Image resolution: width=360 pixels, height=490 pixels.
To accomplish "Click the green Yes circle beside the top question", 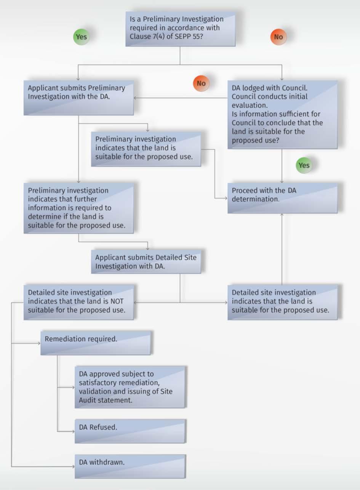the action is click(x=82, y=37).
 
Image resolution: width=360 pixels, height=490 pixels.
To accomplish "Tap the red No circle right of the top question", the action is click(x=278, y=37).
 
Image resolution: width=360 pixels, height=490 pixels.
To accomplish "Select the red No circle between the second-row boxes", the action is click(x=201, y=83).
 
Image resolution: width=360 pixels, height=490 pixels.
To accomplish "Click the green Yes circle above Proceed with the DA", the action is click(x=304, y=165).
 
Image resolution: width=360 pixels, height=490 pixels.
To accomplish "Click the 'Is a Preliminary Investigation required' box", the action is click(x=181, y=29).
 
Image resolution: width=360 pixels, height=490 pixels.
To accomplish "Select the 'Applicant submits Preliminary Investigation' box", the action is click(x=79, y=98).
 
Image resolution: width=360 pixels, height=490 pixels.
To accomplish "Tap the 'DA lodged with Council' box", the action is click(x=282, y=115).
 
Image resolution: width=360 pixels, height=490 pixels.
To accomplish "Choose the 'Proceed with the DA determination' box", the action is click(x=282, y=198).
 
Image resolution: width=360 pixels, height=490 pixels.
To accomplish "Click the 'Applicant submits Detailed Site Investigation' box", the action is click(x=146, y=262).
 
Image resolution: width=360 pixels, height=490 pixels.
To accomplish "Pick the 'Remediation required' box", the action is click(x=96, y=343).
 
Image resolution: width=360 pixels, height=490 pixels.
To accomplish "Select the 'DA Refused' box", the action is click(x=130, y=431).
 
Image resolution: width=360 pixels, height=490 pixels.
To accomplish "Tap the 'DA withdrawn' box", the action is click(x=130, y=466).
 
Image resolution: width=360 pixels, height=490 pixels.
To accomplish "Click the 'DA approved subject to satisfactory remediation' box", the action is click(x=130, y=387).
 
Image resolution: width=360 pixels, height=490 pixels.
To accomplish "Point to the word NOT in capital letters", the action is click(x=117, y=301).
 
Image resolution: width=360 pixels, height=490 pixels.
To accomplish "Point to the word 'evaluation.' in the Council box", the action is click(x=250, y=105).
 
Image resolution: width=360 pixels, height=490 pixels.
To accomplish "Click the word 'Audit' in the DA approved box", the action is click(x=86, y=400).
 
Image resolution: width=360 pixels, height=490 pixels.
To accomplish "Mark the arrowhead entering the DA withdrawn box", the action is click(x=74, y=467).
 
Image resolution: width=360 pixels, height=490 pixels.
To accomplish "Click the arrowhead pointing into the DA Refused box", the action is click(x=74, y=432).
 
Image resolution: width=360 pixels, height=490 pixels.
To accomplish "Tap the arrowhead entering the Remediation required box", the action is click(x=39, y=343).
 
